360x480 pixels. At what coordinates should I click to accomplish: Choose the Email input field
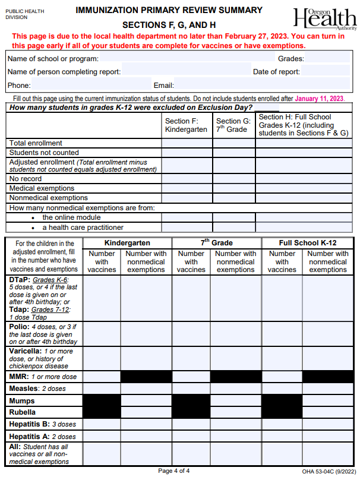pos(261,85)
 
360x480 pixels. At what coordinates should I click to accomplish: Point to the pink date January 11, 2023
pos(319,99)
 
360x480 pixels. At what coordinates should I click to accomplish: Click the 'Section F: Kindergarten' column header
pos(186,125)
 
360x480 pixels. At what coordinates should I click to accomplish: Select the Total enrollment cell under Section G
pos(234,143)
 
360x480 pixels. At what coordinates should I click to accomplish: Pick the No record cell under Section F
pos(187,179)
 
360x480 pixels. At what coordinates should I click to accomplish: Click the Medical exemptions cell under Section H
pos(304,188)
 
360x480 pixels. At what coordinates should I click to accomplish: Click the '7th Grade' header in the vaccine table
pos(216,243)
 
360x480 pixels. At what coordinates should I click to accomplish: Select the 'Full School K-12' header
pos(308,243)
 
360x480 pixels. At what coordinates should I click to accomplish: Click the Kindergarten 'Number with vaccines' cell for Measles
pos(102,389)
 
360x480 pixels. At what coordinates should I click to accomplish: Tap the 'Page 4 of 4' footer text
pos(174,471)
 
